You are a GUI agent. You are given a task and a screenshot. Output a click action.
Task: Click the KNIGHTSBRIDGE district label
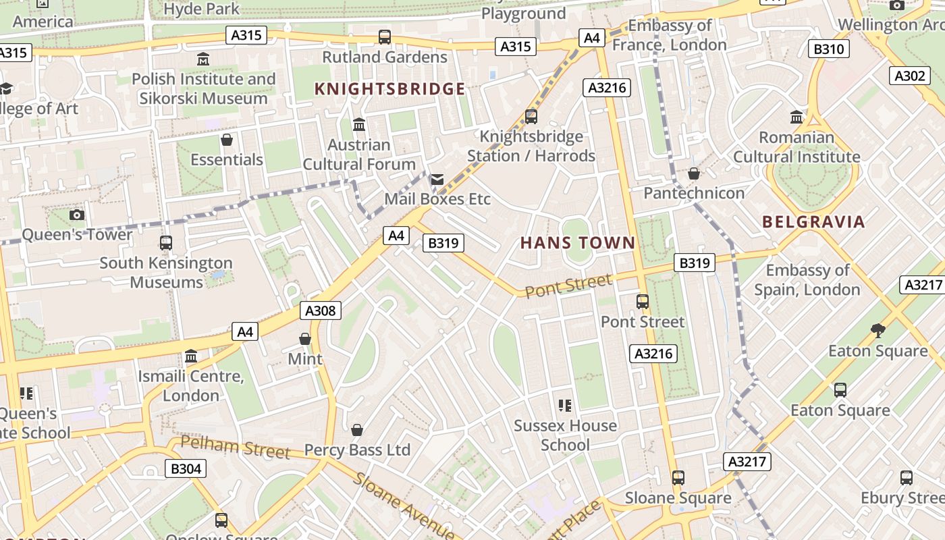coord(390,89)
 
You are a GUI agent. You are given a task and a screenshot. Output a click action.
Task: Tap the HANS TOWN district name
coord(578,243)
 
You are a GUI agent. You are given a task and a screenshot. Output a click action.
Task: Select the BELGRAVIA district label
coord(813,222)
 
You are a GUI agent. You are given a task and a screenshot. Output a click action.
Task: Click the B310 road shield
coord(828,49)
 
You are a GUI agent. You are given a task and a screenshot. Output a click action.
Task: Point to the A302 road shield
coord(909,76)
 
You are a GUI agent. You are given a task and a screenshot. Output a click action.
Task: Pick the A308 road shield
coord(320,310)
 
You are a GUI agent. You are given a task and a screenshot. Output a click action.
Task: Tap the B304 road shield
coord(186,468)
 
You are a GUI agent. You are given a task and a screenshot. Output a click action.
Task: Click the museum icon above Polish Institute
coord(203,59)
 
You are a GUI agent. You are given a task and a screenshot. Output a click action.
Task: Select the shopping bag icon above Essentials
coord(227,140)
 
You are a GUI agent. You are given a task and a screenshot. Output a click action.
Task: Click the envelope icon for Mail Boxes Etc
coord(437,180)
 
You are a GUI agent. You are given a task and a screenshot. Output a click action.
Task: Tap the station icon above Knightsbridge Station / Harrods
coord(531,116)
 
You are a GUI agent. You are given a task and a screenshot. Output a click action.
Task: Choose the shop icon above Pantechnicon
coord(693,173)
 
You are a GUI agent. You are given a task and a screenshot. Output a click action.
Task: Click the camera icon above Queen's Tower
coord(77,215)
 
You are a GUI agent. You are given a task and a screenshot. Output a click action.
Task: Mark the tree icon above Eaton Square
coord(878,331)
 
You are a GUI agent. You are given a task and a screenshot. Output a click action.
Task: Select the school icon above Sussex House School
coord(565,406)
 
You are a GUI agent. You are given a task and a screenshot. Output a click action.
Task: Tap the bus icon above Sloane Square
coord(678,478)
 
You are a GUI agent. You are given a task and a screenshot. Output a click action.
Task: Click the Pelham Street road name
coord(236,448)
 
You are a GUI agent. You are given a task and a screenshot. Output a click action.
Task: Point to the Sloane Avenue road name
coord(404,506)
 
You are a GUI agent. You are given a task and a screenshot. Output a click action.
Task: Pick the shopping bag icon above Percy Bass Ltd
coord(357,430)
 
